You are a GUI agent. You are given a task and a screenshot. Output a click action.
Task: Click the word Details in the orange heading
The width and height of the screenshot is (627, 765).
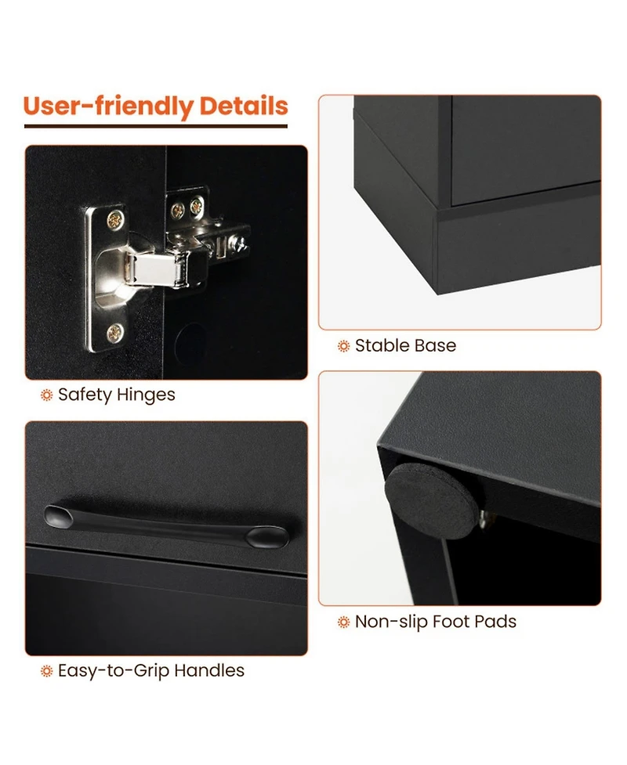tap(244, 106)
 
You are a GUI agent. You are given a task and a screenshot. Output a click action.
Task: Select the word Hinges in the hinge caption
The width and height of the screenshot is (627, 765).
tap(146, 395)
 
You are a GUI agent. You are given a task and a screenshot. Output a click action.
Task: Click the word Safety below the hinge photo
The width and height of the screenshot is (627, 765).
tap(85, 395)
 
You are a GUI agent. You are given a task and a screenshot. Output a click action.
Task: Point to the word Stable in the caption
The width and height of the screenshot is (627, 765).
tap(382, 345)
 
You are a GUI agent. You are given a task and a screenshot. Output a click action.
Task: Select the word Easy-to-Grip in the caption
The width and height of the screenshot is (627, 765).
tap(114, 671)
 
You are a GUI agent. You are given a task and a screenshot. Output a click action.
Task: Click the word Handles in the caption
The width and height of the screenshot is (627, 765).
tap(209, 670)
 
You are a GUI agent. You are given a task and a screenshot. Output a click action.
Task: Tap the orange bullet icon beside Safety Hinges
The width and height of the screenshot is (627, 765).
tap(46, 395)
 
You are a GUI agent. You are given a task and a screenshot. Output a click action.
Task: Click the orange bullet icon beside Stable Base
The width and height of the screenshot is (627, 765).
tap(344, 346)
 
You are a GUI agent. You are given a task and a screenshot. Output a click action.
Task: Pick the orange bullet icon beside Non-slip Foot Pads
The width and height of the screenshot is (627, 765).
tap(344, 622)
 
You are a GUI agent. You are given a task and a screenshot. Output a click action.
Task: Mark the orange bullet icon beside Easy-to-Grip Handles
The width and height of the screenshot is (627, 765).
tap(46, 671)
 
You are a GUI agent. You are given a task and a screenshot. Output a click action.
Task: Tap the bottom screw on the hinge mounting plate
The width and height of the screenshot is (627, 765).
tap(114, 334)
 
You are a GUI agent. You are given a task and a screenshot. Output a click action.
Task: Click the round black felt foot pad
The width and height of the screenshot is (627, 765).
tap(431, 501)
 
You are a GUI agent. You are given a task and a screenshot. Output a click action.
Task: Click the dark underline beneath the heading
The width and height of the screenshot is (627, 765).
tap(156, 126)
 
